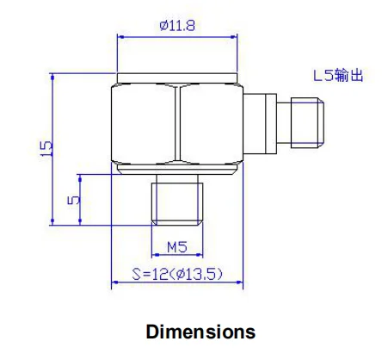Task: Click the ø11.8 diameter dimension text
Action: pyautogui.click(x=177, y=26)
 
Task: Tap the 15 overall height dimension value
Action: pyautogui.click(x=46, y=147)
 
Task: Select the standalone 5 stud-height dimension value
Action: pyautogui.click(x=75, y=199)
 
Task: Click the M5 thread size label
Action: pyautogui.click(x=176, y=246)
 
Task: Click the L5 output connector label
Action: pyautogui.click(x=337, y=76)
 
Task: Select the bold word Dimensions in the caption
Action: pyautogui.click(x=200, y=331)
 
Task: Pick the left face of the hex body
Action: pyautogui.click(x=144, y=121)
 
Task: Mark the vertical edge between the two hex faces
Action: pyautogui.click(x=176, y=121)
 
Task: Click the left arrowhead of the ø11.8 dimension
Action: pyautogui.click(x=121, y=36)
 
